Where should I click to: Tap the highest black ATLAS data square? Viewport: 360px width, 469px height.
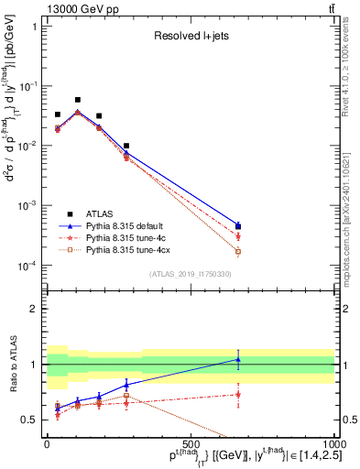(78, 100)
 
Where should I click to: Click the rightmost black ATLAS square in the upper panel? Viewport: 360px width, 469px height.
(238, 226)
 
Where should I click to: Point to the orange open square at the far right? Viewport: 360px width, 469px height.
(238, 251)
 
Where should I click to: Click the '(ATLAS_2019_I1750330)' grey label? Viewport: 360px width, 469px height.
(191, 273)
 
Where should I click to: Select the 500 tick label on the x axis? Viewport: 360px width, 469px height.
(190, 444)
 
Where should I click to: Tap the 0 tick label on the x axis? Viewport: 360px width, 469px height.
(47, 444)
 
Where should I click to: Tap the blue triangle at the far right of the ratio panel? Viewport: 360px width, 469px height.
(238, 359)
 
